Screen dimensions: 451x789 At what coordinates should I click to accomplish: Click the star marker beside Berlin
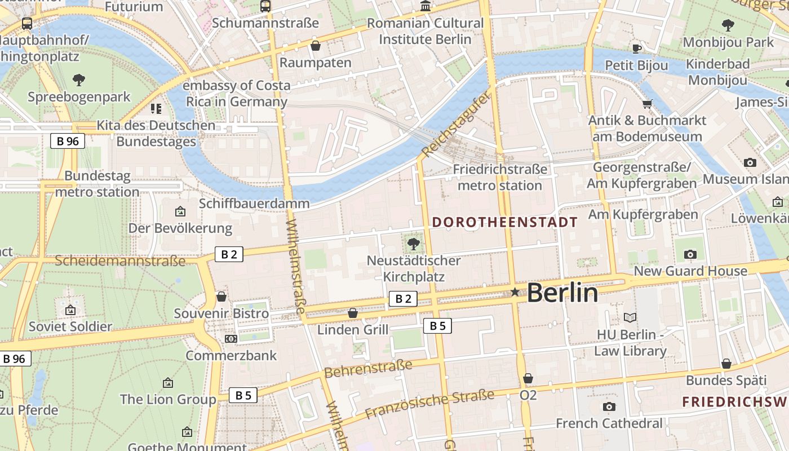coord(515,292)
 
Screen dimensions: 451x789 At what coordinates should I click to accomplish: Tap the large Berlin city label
coord(562,293)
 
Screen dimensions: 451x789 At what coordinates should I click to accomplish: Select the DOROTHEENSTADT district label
coord(505,222)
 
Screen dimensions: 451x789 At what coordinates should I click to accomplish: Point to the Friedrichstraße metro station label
coord(500,177)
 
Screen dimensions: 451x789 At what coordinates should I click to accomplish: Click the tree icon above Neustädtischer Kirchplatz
coord(414,244)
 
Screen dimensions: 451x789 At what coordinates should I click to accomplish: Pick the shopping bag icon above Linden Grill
coord(353,312)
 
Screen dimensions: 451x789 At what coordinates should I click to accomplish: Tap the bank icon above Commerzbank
coord(231,339)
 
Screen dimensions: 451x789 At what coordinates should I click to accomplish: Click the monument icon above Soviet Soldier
coord(70,310)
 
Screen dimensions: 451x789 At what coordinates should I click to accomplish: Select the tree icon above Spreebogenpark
coord(79,80)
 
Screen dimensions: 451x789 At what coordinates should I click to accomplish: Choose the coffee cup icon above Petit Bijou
coord(637,48)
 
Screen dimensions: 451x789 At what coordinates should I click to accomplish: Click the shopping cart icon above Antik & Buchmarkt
coord(647,104)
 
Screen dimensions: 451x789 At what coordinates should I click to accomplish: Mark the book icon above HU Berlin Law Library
coord(630,318)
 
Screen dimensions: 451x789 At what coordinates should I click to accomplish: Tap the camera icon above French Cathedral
coord(609,406)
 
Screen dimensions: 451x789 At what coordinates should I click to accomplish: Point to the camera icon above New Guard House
coord(690,254)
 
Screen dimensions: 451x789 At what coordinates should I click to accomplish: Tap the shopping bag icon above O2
coord(528,378)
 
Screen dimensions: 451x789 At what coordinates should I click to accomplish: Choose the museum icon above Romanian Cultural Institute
coord(425,7)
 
